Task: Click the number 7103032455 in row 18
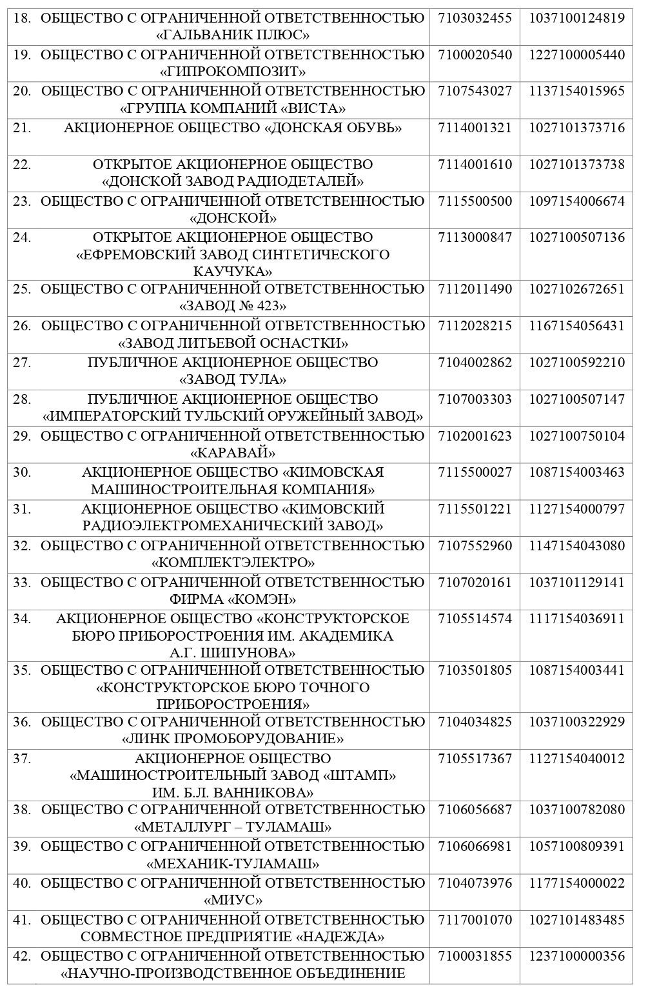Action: tap(475, 18)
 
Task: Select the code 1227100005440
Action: tap(576, 55)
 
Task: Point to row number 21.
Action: tap(22, 128)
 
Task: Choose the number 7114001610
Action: tap(475, 165)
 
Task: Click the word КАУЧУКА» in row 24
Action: tap(233, 271)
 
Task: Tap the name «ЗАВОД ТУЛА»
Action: tap(233, 379)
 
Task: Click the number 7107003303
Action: tap(475, 399)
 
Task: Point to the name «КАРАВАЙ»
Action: tap(233, 452)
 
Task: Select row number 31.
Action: tap(22, 509)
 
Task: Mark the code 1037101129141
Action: tap(576, 583)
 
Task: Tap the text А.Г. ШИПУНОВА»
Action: tap(233, 652)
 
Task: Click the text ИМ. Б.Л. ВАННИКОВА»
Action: tap(233, 792)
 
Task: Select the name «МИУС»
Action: tap(233, 899)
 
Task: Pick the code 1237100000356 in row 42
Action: tap(576, 957)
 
